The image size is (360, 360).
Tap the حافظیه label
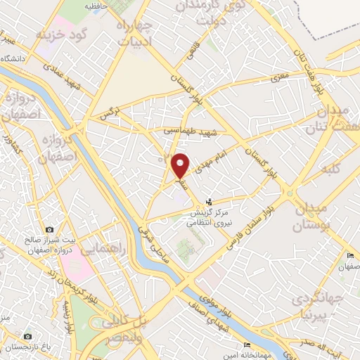tap(97, 6)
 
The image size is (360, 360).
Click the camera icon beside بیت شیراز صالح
tap(49, 230)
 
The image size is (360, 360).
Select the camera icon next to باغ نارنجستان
tap(27, 337)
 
